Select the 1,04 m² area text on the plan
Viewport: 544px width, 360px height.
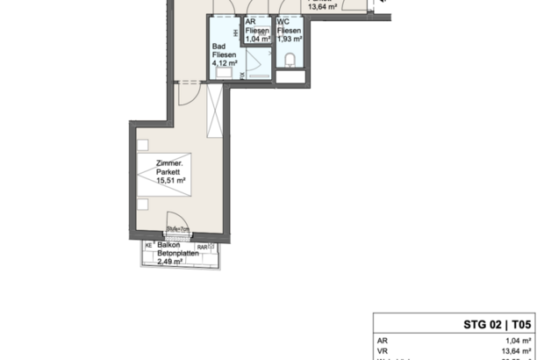[258, 40]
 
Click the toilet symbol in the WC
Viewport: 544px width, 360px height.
[290, 61]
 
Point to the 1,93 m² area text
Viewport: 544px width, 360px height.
[290, 40]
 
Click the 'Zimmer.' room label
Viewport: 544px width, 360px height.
[168, 162]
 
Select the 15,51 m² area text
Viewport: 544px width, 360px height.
[169, 181]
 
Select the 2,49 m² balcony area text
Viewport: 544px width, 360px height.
[169, 261]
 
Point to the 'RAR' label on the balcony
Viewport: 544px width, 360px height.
[203, 247]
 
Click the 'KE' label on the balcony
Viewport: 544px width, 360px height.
[147, 246]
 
